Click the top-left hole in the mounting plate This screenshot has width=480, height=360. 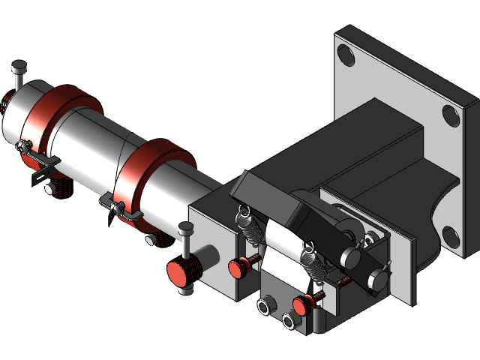pos(346,55)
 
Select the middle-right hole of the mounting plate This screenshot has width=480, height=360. pos(451,115)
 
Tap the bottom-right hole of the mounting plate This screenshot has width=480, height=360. pos(451,237)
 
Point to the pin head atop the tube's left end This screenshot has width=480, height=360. pos(19,70)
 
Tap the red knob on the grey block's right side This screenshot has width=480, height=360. pos(238,265)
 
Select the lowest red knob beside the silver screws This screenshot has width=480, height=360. pos(302,305)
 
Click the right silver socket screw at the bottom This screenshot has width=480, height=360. pos(288,321)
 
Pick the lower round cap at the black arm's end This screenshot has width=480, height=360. pos(379,279)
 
